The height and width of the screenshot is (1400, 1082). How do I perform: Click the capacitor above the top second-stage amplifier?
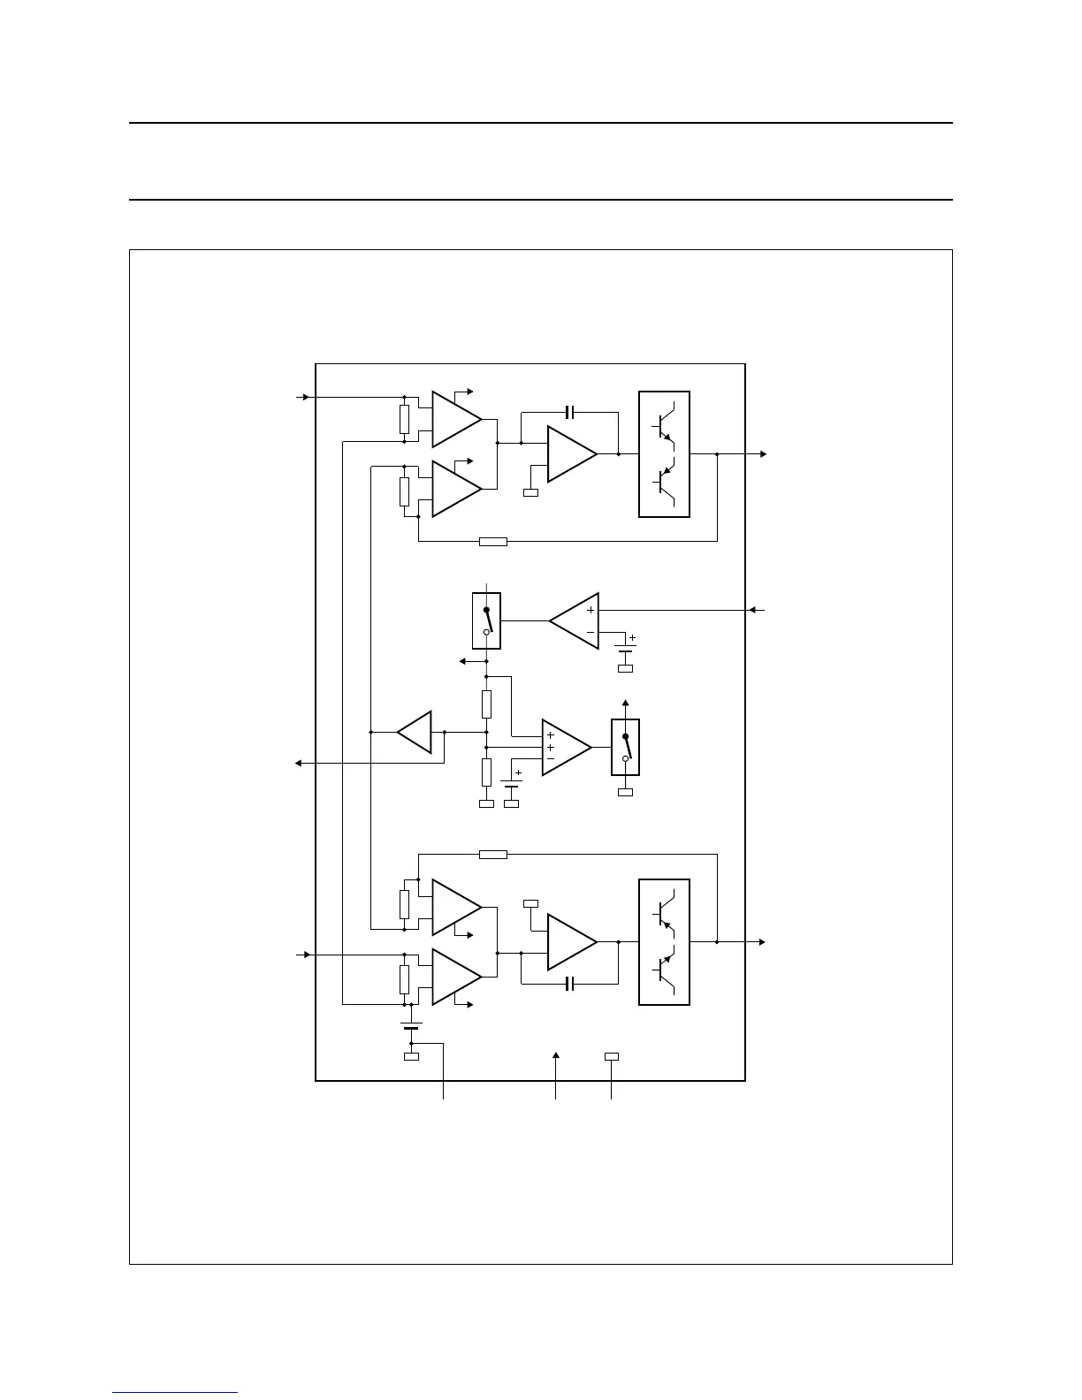pos(570,412)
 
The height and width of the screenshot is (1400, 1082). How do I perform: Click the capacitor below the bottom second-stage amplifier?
pos(570,984)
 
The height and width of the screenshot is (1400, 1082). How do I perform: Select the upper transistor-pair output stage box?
pos(664,454)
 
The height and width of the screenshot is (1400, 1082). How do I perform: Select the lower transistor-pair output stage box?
pos(664,942)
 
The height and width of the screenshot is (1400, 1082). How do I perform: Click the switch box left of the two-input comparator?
pos(486,620)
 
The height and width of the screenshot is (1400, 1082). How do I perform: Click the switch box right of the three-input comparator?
pos(625,747)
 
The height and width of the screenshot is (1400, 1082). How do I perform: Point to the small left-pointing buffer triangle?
pos(415,732)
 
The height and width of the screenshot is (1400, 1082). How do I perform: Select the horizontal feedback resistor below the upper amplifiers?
pos(493,541)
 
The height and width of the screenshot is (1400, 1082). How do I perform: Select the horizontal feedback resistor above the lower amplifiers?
pos(493,855)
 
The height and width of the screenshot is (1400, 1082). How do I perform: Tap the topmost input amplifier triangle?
pos(454,419)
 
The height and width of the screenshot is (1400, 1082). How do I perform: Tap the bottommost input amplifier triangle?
pos(454,977)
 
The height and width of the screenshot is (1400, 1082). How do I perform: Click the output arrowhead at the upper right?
pos(763,454)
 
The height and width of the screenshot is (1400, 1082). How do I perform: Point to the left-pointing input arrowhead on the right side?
pos(752,610)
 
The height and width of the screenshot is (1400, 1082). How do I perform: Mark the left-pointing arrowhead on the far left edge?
pos(299,763)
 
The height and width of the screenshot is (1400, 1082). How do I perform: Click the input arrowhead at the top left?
pos(306,397)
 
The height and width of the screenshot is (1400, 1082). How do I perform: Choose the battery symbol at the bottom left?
pos(411,1026)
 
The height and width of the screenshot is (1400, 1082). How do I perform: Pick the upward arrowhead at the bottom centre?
pos(555,1055)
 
